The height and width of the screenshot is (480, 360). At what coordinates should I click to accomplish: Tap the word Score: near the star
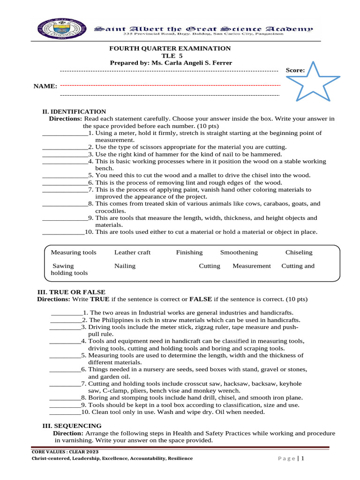tap(295, 70)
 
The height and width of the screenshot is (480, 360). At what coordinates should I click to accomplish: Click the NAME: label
tap(45, 86)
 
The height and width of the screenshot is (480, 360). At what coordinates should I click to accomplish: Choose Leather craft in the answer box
tap(133, 252)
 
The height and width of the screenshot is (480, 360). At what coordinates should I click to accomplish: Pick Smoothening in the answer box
tap(239, 252)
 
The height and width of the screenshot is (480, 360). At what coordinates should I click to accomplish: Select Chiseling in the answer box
tap(299, 252)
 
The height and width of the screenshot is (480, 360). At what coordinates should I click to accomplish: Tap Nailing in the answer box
tap(125, 266)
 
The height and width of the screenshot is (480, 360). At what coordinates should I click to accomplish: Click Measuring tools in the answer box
tap(74, 252)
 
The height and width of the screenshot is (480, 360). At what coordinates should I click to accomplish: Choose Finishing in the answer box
tap(189, 252)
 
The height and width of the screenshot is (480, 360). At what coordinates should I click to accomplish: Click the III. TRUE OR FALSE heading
tap(71, 292)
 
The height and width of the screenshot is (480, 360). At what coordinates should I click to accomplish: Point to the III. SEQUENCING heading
tap(72, 426)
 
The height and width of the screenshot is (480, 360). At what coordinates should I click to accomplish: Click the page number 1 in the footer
tap(303, 458)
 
